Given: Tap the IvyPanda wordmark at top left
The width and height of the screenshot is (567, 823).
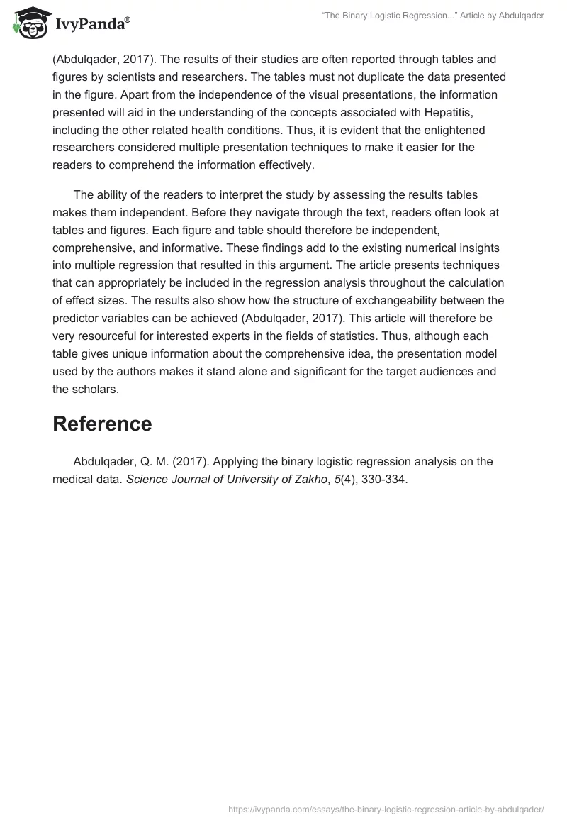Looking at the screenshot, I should (x=92, y=23).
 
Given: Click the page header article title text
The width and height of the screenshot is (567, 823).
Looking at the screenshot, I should (x=433, y=16).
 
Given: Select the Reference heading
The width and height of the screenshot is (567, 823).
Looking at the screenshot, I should (x=102, y=424).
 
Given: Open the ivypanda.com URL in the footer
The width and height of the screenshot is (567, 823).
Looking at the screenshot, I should (x=386, y=809).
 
